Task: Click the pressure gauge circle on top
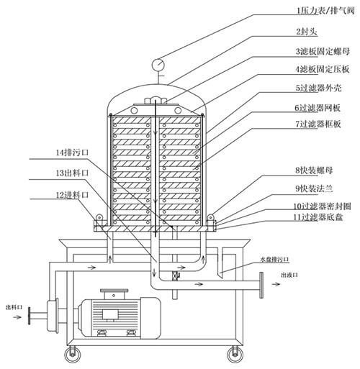(158, 64)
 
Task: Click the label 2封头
(307, 32)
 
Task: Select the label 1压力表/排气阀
(325, 11)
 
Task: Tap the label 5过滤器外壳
(318, 88)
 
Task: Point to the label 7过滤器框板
(318, 124)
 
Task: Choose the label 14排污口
(72, 152)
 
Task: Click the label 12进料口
(72, 195)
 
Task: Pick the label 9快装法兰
(314, 188)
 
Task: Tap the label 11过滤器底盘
(318, 217)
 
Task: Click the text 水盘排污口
(274, 259)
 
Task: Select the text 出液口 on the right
(289, 275)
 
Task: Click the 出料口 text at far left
(14, 307)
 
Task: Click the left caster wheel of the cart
(72, 355)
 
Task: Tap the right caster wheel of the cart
(235, 355)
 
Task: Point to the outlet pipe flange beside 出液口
(261, 285)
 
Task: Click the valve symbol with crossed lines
(176, 276)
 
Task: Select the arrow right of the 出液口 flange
(276, 284)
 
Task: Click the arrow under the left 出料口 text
(17, 317)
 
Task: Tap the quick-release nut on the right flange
(210, 217)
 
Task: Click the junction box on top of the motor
(114, 293)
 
